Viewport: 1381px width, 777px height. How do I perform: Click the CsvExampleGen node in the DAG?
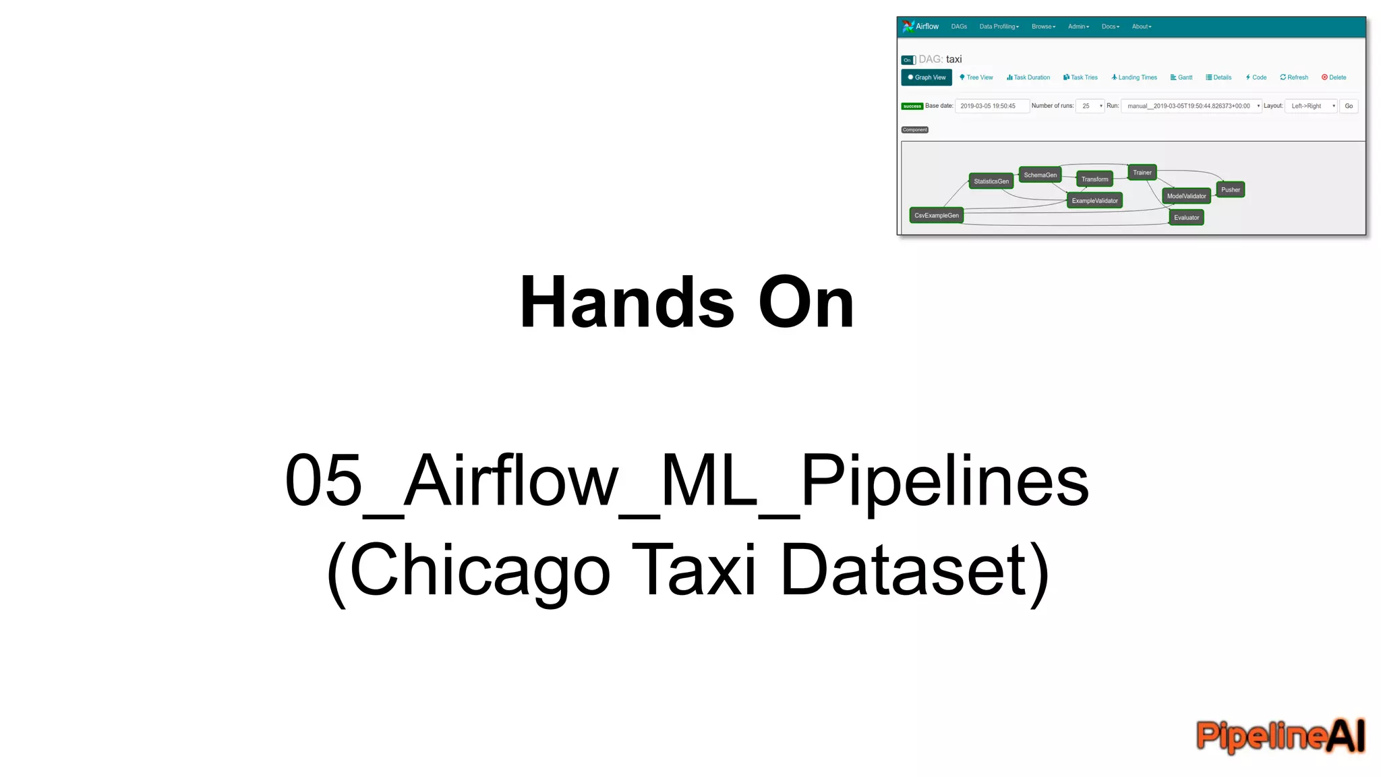[x=936, y=216]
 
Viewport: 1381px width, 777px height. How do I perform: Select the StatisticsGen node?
[x=991, y=181]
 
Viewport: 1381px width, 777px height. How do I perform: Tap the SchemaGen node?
[x=1040, y=175]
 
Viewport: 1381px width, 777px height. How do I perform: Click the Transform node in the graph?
[x=1094, y=179]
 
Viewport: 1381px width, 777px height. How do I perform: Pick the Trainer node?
[x=1142, y=173]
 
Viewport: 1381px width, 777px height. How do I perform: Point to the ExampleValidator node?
[x=1094, y=201]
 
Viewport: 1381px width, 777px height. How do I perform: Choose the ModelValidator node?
[x=1186, y=196]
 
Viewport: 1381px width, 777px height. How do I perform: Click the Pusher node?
[x=1230, y=190]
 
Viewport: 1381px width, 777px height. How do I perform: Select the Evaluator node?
[x=1186, y=218]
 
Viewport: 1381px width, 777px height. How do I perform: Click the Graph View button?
[x=927, y=78]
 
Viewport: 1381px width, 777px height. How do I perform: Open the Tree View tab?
[x=976, y=78]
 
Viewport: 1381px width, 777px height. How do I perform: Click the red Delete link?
[x=1334, y=78]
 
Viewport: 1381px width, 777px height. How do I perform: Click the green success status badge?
[x=912, y=107]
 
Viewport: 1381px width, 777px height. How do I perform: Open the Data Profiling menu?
[x=999, y=27]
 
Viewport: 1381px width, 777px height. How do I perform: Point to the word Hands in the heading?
[x=626, y=303]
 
